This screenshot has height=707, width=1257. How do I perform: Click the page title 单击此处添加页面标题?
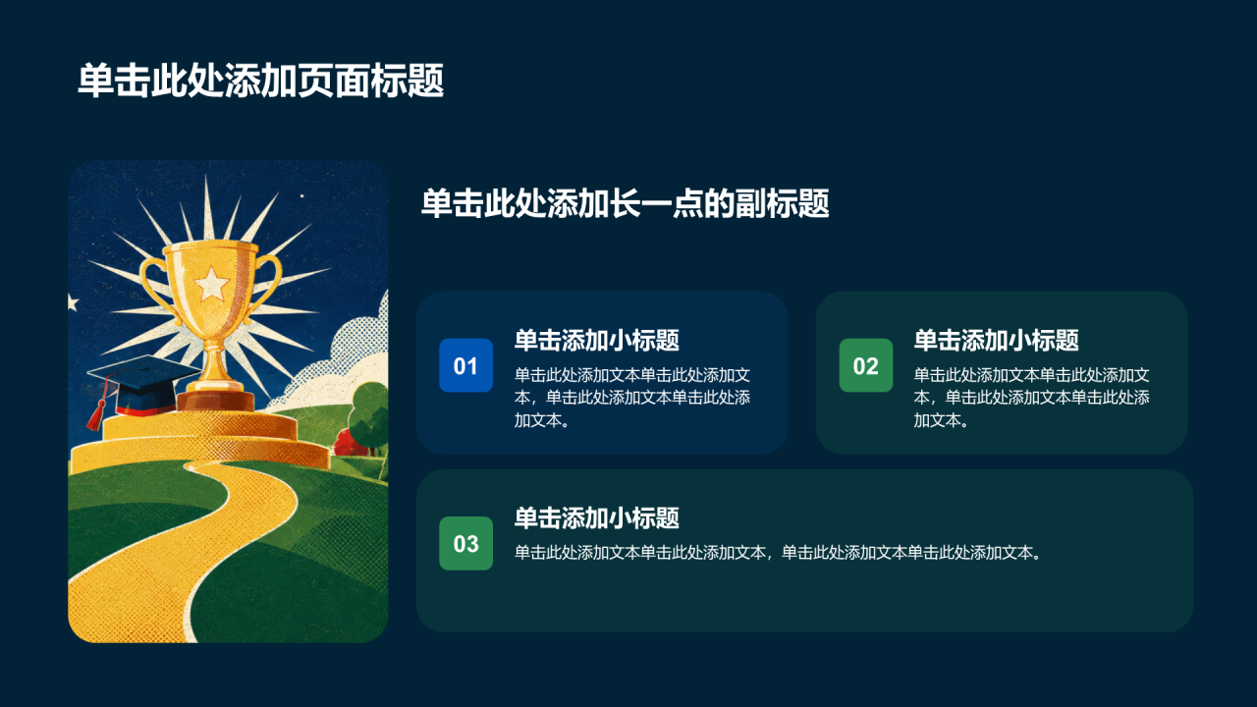click(x=261, y=81)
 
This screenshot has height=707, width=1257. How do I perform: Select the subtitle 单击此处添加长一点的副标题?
click(x=626, y=203)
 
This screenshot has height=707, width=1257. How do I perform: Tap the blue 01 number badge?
click(x=465, y=365)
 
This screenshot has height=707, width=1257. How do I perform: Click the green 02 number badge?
click(x=866, y=365)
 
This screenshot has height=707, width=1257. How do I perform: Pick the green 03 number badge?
click(x=465, y=543)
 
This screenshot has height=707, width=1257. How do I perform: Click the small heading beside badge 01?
click(x=597, y=340)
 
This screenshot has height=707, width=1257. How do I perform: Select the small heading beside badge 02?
click(x=997, y=340)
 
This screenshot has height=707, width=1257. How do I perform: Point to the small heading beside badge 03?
click(x=597, y=517)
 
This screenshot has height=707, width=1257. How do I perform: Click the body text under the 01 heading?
click(x=632, y=398)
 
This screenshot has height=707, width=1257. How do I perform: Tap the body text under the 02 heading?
click(x=1032, y=398)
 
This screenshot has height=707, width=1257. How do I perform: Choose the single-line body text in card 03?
click(x=779, y=553)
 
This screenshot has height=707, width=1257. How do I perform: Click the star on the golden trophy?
click(x=211, y=284)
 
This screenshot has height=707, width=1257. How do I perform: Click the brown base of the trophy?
click(x=215, y=400)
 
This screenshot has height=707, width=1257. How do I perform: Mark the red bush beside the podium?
click(x=351, y=442)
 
